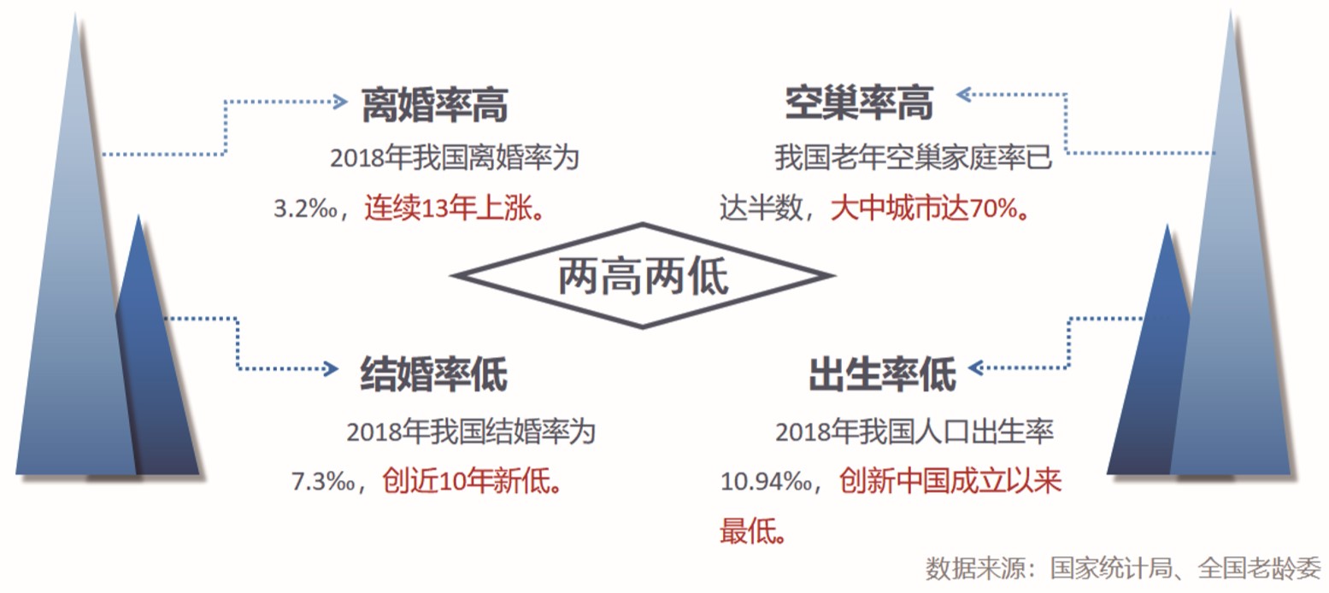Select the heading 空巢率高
tap(859, 103)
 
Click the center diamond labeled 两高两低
tap(643, 276)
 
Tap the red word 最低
tap(752, 532)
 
